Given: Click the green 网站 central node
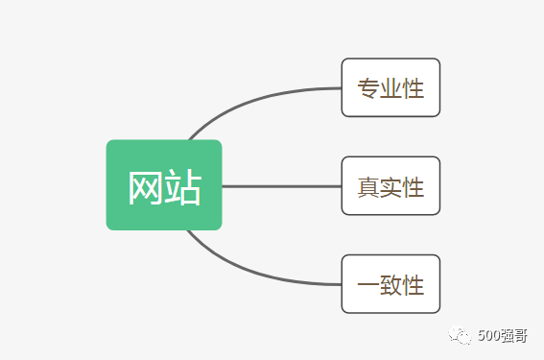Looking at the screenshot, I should pos(164,185).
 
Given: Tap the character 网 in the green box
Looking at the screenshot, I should pos(145,188).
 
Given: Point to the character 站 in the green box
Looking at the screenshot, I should pos(183,188).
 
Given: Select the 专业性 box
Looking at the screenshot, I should pos(390,87).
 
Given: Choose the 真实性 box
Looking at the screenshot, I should pos(390,186).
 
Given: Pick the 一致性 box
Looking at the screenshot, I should pos(390,284).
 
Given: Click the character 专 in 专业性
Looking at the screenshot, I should pos(368,88).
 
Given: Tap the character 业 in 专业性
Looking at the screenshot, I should pos(390,88).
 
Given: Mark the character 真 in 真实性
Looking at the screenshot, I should pos(368,187).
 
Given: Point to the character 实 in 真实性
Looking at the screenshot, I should pos(390,187).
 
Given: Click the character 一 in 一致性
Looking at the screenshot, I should pos(368,285).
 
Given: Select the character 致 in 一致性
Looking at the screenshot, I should pos(390,285).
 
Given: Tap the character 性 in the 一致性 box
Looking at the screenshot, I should pos(414,285).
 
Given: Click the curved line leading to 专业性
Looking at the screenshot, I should pos(259,96).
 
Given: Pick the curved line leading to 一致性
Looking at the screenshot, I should pos(259,276).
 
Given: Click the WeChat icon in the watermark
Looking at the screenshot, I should pos(463,334).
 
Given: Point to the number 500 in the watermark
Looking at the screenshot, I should pos(488,335).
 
